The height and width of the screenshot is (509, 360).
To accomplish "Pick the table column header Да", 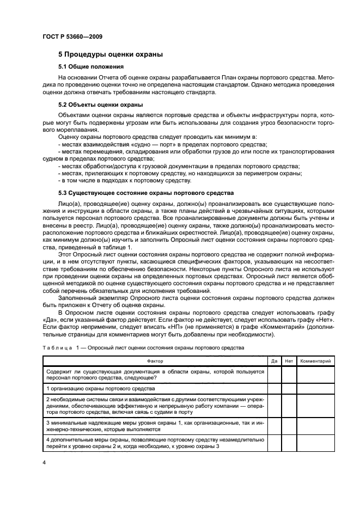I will tap(274, 360).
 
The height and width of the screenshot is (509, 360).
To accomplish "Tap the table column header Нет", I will tap(289, 360).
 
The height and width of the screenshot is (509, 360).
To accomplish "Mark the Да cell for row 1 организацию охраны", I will tap(274, 389).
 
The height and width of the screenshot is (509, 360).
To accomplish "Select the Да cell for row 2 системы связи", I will tap(274, 407).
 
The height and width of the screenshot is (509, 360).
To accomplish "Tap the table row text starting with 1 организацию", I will tap(101, 389).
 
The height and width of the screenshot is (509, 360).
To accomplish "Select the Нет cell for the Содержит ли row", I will tap(289, 375).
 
